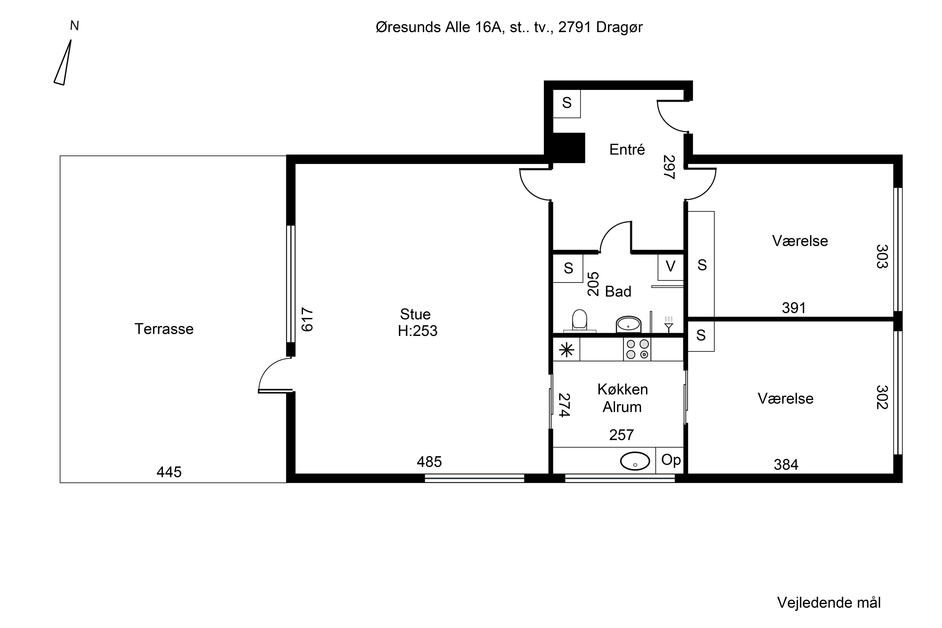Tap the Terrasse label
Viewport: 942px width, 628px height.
[x=164, y=329]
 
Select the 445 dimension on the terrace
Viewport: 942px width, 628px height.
[x=169, y=472]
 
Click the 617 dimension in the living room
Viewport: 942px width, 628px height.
[x=307, y=319]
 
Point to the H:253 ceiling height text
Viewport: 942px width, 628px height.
[x=418, y=331]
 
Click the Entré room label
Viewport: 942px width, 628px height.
[x=627, y=149]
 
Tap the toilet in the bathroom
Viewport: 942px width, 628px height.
[x=580, y=320]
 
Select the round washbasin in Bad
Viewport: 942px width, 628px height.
[x=628, y=324]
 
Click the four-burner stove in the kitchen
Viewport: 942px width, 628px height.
[x=637, y=349]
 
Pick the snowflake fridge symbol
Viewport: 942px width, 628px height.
[x=566, y=350]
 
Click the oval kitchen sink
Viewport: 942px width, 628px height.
[x=635, y=461]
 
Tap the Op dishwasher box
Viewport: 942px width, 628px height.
[x=670, y=460]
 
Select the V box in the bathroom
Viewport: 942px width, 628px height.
[x=670, y=267]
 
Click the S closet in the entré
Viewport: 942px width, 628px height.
[x=567, y=103]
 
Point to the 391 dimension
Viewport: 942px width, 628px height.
[x=794, y=308]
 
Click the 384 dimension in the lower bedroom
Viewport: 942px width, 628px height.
[x=786, y=465]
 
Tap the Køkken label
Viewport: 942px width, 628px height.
[x=623, y=389]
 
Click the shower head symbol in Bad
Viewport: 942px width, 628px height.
[x=669, y=324]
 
